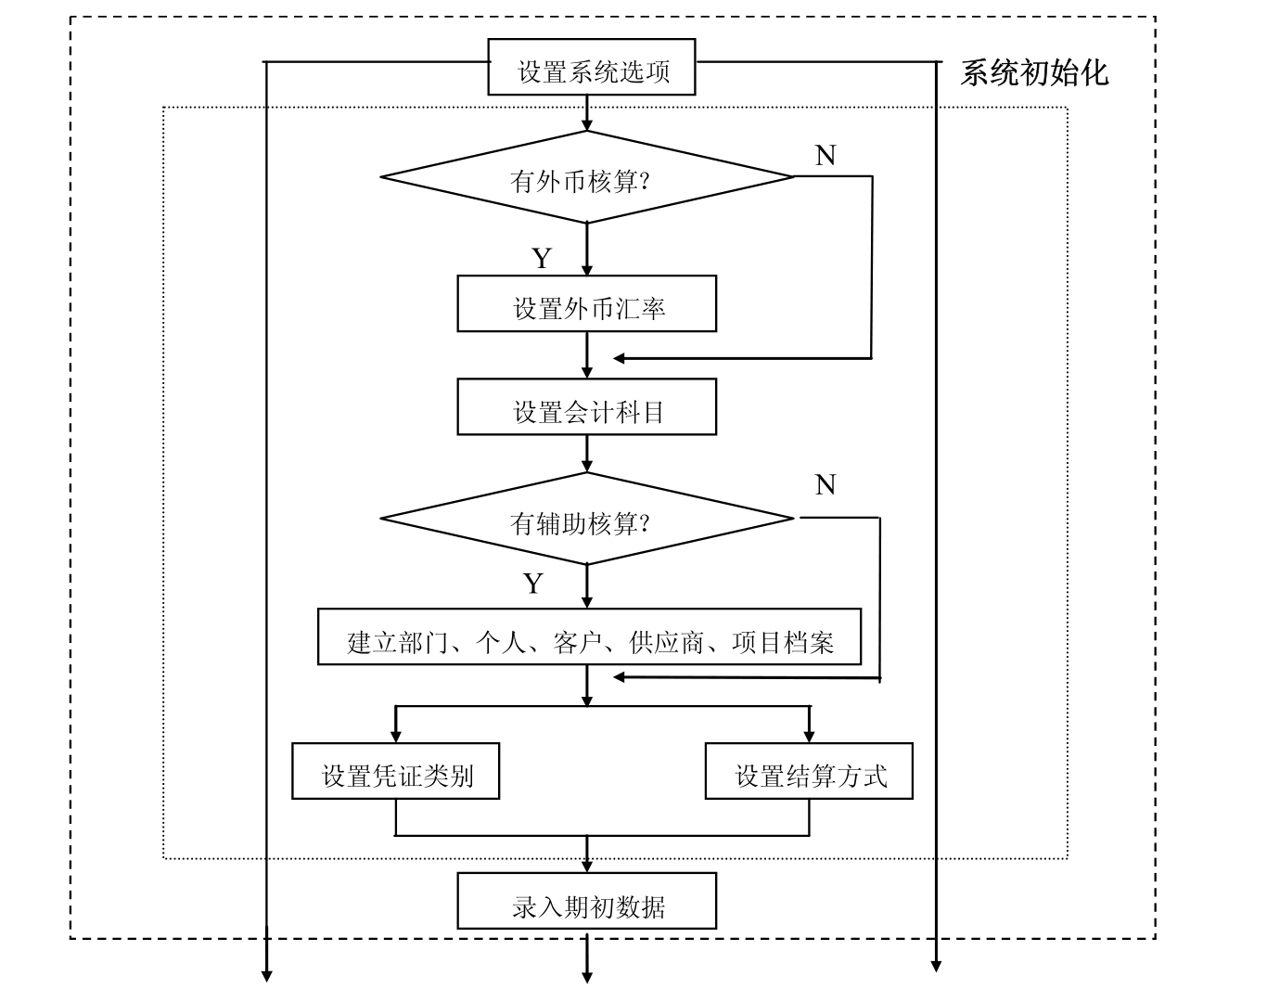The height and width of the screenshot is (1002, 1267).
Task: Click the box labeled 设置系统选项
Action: click(591, 67)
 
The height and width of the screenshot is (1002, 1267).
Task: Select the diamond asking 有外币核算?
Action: click(586, 177)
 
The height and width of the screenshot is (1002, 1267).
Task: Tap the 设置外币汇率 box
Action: click(586, 303)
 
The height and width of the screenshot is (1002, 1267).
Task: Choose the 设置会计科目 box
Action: click(586, 406)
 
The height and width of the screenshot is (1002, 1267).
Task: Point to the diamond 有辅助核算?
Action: click(586, 519)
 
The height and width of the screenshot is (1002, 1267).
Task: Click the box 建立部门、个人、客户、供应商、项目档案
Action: click(589, 636)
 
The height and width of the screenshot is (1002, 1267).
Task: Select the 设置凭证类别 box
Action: click(395, 771)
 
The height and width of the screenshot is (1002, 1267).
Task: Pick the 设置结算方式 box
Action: click(809, 771)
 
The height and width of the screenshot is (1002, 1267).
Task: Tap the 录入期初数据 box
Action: click(586, 901)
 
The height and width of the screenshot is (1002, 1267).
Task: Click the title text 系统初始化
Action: click(1033, 72)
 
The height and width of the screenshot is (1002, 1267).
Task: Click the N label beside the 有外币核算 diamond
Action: click(825, 156)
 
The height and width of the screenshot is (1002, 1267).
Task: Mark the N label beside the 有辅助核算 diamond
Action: click(825, 484)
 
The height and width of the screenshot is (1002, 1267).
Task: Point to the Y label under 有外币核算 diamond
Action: click(542, 258)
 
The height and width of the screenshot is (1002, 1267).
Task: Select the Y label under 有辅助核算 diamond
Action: click(532, 583)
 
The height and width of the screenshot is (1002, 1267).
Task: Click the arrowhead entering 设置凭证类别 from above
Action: click(396, 737)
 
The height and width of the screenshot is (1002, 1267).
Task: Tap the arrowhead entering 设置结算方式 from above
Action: click(809, 737)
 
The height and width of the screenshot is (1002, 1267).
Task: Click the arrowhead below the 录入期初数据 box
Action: click(586, 976)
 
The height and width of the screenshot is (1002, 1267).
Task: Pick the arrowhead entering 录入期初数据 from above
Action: click(586, 867)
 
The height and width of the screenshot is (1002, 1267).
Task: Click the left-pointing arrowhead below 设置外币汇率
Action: click(620, 358)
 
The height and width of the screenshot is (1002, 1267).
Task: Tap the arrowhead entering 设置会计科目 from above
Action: click(586, 372)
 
